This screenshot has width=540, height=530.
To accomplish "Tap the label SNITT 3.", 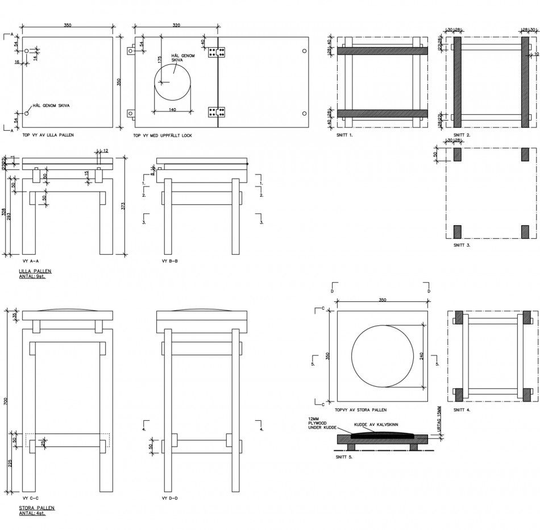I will (462, 245).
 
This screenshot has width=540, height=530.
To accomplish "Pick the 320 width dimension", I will (176, 26).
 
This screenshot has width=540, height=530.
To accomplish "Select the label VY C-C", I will (31, 498).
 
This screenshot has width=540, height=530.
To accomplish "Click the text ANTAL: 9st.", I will (32, 276).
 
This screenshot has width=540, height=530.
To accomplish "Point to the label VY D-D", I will (170, 498).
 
